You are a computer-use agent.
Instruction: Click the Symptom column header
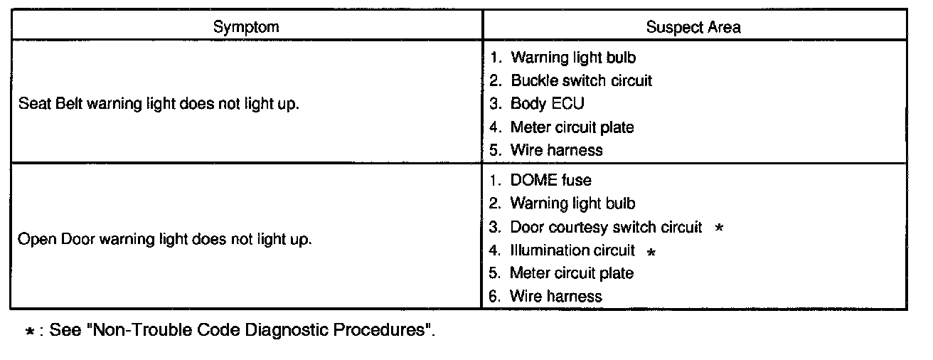pyautogui.click(x=246, y=27)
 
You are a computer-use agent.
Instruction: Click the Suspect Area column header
pyautogui.click(x=693, y=27)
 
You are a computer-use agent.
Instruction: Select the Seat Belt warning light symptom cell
pyautogui.click(x=159, y=104)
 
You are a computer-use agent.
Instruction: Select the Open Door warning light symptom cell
pyautogui.click(x=164, y=239)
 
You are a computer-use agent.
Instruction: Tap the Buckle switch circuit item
pyautogui.click(x=580, y=80)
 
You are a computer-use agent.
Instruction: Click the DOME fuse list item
pyautogui.click(x=550, y=181)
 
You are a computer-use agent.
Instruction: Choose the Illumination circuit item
pyautogui.click(x=572, y=250)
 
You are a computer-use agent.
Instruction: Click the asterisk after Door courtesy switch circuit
pyautogui.click(x=719, y=228)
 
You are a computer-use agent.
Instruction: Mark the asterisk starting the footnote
pyautogui.click(x=30, y=332)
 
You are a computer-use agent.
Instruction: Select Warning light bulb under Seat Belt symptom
pyautogui.click(x=572, y=58)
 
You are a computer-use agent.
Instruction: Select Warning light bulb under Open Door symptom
pyautogui.click(x=572, y=204)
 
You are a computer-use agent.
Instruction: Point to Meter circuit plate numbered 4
pyautogui.click(x=572, y=127)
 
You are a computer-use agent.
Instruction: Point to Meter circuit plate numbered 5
pyautogui.click(x=571, y=273)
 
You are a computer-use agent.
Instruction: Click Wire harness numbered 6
pyautogui.click(x=555, y=296)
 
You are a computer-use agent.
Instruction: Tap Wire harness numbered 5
pyautogui.click(x=555, y=150)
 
